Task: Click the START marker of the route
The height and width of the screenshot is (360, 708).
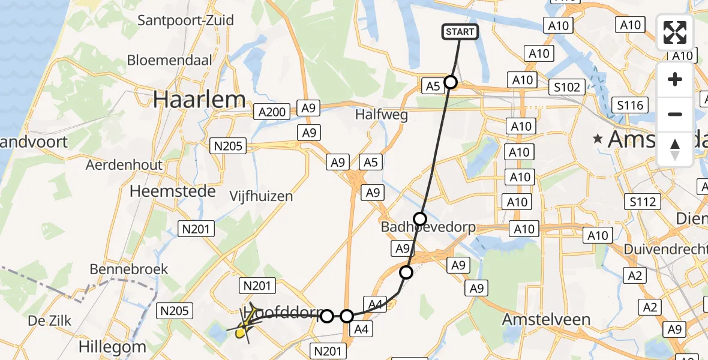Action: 460,32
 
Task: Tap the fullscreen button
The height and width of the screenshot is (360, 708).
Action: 675,32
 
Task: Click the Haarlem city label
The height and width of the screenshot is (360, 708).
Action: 199,100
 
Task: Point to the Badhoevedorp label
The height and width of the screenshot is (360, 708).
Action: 428,227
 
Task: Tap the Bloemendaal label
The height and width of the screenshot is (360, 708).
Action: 170,61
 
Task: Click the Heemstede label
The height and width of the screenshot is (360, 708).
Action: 174,191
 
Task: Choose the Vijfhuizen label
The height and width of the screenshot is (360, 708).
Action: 261,196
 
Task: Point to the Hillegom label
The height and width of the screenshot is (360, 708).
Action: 113,346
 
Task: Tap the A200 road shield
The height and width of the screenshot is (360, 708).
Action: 272,111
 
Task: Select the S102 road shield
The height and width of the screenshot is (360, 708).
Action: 567,87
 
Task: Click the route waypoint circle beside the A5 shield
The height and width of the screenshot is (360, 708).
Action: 451,83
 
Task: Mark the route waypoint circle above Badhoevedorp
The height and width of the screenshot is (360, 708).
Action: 420,218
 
